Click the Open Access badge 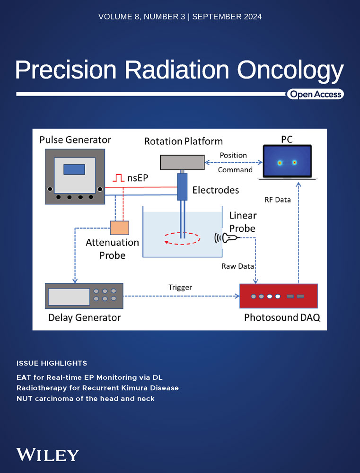coord(316,95)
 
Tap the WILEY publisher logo coord(47,455)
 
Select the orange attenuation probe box coord(119,228)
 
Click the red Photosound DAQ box coord(278,296)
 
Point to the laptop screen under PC coord(287,161)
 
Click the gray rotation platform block coord(182,162)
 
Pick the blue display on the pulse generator coord(74,169)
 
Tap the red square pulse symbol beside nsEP coord(119,178)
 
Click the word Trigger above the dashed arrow coord(180,288)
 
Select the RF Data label coord(277,200)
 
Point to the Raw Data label coord(237,266)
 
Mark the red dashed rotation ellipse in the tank coord(182,238)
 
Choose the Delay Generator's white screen coord(69,297)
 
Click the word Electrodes coord(216,190)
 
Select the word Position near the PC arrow coord(233,155)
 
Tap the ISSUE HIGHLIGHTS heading coord(52,363)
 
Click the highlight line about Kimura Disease coord(97,388)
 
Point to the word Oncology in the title coord(290,70)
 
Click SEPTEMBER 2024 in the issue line coord(227,17)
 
